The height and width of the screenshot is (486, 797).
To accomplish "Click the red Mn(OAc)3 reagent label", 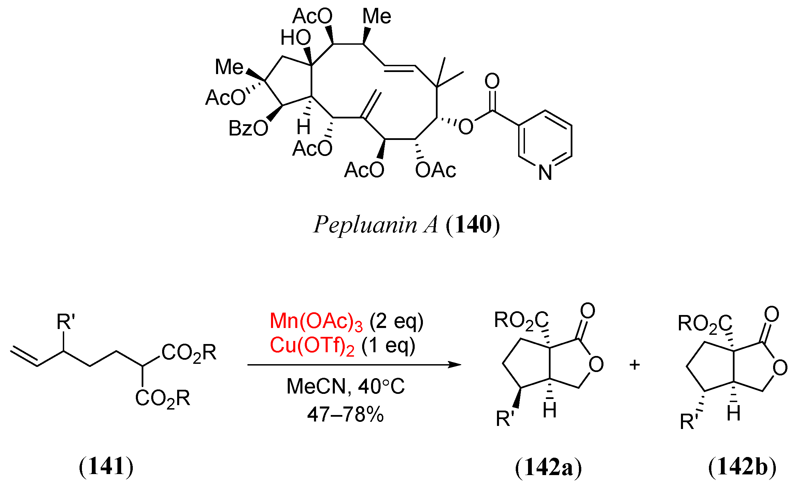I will [316, 321].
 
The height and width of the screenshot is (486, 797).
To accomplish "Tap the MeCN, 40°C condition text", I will [345, 387].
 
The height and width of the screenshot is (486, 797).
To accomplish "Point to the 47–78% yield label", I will [345, 415].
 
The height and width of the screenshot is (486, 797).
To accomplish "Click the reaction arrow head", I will [456, 365].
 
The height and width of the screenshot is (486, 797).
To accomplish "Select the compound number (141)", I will [106, 467].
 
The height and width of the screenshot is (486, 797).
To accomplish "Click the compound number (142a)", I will [548, 467].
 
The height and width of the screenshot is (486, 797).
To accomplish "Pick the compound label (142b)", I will [742, 467].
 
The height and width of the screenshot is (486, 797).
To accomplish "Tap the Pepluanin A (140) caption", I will [406, 225].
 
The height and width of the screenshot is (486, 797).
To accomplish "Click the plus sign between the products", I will [635, 365].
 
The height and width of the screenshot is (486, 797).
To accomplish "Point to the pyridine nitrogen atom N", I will [545, 173].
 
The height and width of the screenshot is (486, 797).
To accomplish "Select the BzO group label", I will [248, 129].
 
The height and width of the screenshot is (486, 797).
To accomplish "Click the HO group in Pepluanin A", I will [296, 38].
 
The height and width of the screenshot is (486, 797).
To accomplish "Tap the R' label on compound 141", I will [66, 322].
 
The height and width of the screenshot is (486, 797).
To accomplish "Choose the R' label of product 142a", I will [505, 419].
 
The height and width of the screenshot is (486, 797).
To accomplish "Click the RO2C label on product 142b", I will [705, 324].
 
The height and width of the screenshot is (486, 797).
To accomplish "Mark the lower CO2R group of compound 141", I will [162, 398].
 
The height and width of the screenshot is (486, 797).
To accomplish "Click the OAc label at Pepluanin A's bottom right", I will [436, 170].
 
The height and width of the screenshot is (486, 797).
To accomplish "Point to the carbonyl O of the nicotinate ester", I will [492, 81].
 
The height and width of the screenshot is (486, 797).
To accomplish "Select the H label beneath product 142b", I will [733, 414].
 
